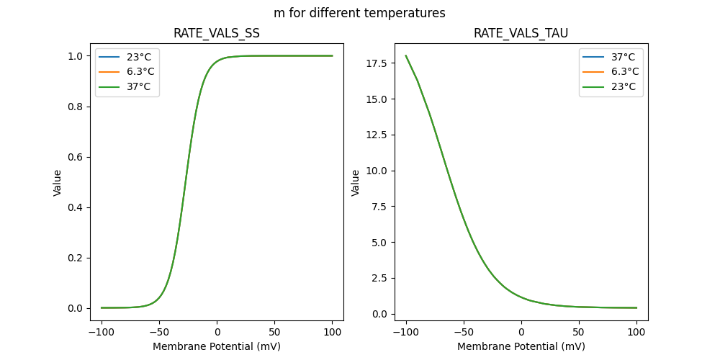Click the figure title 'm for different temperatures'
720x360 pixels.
coord(359,13)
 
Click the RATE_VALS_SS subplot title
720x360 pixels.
coord(217,34)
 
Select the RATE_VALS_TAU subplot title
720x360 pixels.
coord(521,34)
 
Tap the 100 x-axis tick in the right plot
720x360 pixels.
coord(636,333)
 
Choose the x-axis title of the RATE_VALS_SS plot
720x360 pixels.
coord(217,346)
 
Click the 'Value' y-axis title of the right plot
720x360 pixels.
coord(356,183)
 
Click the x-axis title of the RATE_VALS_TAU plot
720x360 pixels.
coord(521,346)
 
